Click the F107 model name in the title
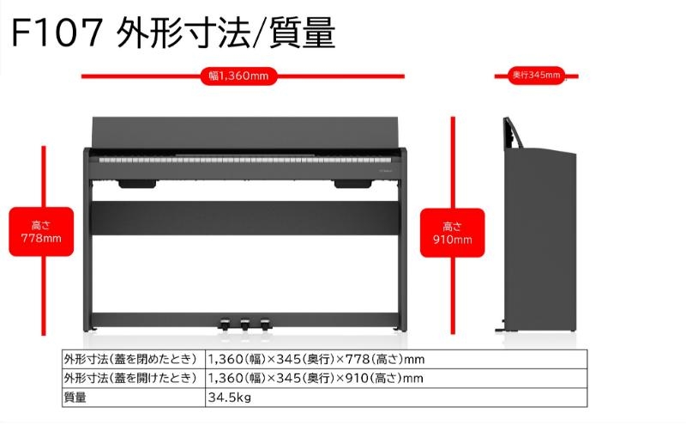(57, 33)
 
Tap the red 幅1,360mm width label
(239, 76)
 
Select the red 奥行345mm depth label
(537, 76)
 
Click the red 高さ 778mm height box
(41, 232)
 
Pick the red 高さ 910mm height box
(453, 233)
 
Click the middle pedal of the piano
(244, 324)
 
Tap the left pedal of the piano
(224, 324)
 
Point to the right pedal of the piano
(265, 324)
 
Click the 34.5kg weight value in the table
(230, 398)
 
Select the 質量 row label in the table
(75, 398)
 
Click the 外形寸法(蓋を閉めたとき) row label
(130, 359)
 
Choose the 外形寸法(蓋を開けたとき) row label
(130, 378)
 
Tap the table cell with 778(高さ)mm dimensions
(396, 359)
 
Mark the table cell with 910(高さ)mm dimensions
(396, 378)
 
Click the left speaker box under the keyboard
(137, 184)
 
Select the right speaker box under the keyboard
(352, 184)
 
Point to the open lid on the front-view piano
(245, 133)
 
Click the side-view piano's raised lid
(513, 133)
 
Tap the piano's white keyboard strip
(244, 161)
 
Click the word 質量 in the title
(303, 33)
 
